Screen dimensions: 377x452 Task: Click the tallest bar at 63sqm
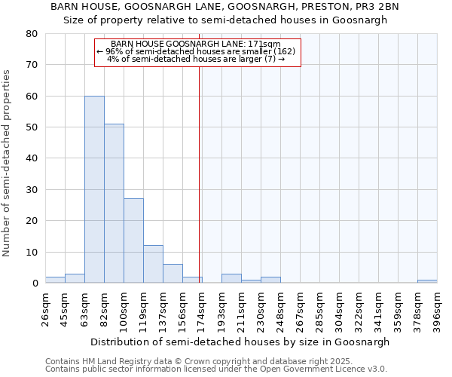point(94,189)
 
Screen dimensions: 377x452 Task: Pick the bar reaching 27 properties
point(133,241)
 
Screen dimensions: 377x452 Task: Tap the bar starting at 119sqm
point(153,264)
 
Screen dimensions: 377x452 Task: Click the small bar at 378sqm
point(427,281)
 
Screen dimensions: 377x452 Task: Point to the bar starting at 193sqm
point(231,278)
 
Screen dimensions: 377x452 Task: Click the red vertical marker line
point(199,173)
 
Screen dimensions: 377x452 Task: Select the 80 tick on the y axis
point(31,34)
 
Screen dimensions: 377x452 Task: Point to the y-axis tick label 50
point(31,127)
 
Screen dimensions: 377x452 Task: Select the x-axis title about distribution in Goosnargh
point(240,342)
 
